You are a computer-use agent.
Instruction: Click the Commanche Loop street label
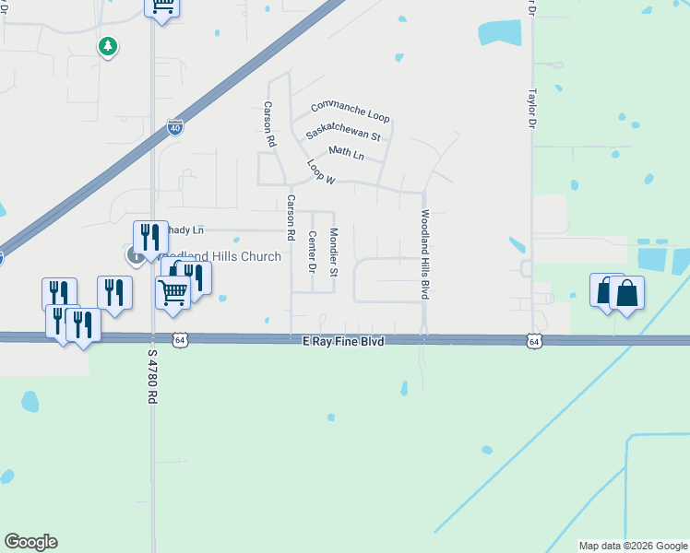pyautogui.click(x=351, y=112)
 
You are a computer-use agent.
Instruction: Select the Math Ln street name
pyautogui.click(x=346, y=154)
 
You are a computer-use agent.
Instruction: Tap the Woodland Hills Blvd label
pyautogui.click(x=426, y=253)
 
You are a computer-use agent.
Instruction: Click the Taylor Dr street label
pyautogui.click(x=532, y=108)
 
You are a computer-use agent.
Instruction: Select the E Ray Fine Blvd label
pyautogui.click(x=343, y=341)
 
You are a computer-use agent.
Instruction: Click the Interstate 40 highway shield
pyautogui.click(x=175, y=128)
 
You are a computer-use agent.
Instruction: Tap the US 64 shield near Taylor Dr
pyautogui.click(x=534, y=341)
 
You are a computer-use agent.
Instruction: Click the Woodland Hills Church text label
pyautogui.click(x=220, y=256)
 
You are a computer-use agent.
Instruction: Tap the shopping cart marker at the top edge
pyautogui.click(x=162, y=7)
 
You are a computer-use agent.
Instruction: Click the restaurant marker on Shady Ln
pyautogui.click(x=150, y=237)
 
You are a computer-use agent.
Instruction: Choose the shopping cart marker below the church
pyautogui.click(x=172, y=292)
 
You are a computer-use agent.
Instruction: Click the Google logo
pyautogui.click(x=30, y=542)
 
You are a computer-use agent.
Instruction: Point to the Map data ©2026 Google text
pyautogui.click(x=632, y=546)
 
